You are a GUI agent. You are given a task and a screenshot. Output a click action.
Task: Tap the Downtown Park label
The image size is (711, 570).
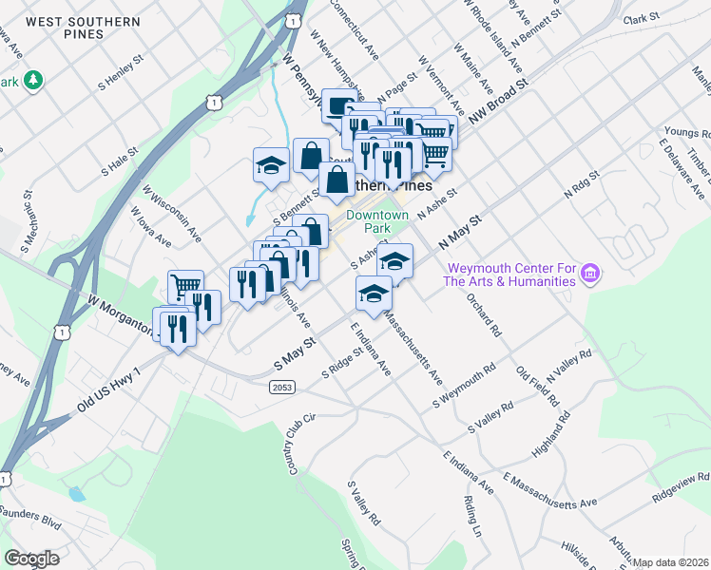pos(376,222)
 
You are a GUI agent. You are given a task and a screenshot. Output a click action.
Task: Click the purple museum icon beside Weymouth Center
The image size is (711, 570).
pos(590,275)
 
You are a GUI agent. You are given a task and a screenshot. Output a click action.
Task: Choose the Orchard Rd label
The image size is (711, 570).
pos(483,313)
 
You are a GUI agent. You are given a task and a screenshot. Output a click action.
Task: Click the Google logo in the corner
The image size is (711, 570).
pos(31,559)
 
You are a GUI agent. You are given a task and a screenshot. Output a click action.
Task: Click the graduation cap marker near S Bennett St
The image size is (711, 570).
pos(271,163)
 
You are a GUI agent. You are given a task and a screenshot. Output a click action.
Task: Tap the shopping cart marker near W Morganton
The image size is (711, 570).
pos(185,285)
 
